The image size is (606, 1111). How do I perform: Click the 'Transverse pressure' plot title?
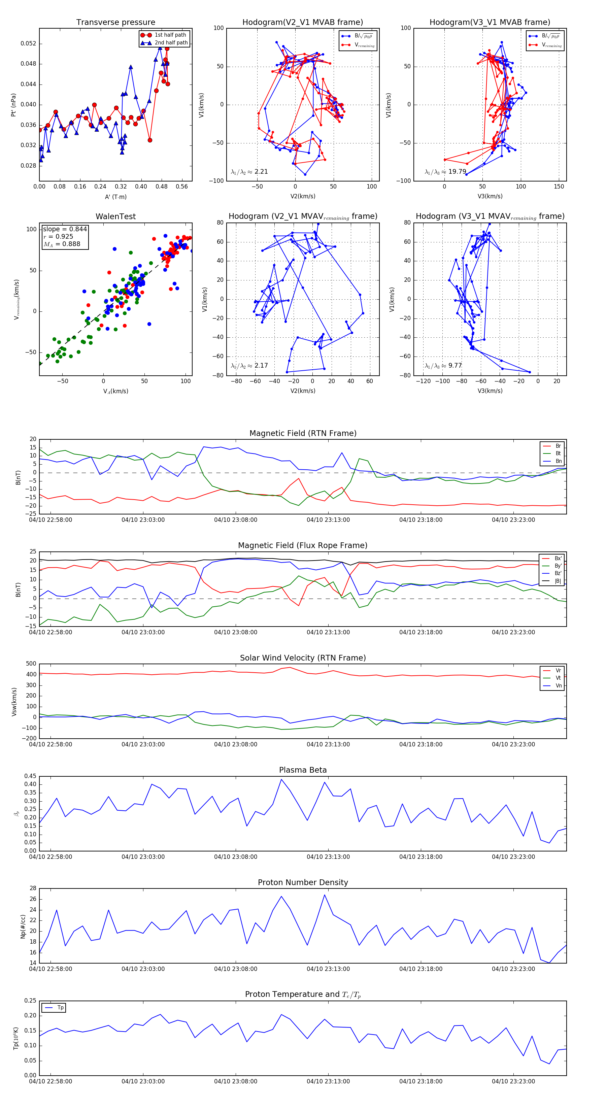pyautogui.click(x=115, y=23)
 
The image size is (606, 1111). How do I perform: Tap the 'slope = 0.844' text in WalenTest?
pyautogui.click(x=65, y=229)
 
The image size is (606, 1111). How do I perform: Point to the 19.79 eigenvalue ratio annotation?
pyautogui.click(x=445, y=172)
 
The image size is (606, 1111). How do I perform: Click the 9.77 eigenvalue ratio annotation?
pyautogui.click(x=443, y=366)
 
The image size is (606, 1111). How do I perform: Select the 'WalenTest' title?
pyautogui.click(x=115, y=216)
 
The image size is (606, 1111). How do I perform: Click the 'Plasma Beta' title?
pyautogui.click(x=303, y=770)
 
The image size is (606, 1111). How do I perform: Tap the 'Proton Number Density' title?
pyautogui.click(x=303, y=882)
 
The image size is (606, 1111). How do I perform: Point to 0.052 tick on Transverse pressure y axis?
pyautogui.click(x=29, y=43)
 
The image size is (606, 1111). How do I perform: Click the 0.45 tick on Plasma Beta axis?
pyautogui.click(x=30, y=776)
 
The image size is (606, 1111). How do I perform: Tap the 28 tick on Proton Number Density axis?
pyautogui.click(x=33, y=888)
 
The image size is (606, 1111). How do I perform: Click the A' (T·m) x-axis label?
pyautogui.click(x=115, y=197)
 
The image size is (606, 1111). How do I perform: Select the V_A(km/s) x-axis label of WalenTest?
pyautogui.click(x=115, y=391)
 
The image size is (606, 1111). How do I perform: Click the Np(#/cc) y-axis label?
pyautogui.click(x=23, y=927)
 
